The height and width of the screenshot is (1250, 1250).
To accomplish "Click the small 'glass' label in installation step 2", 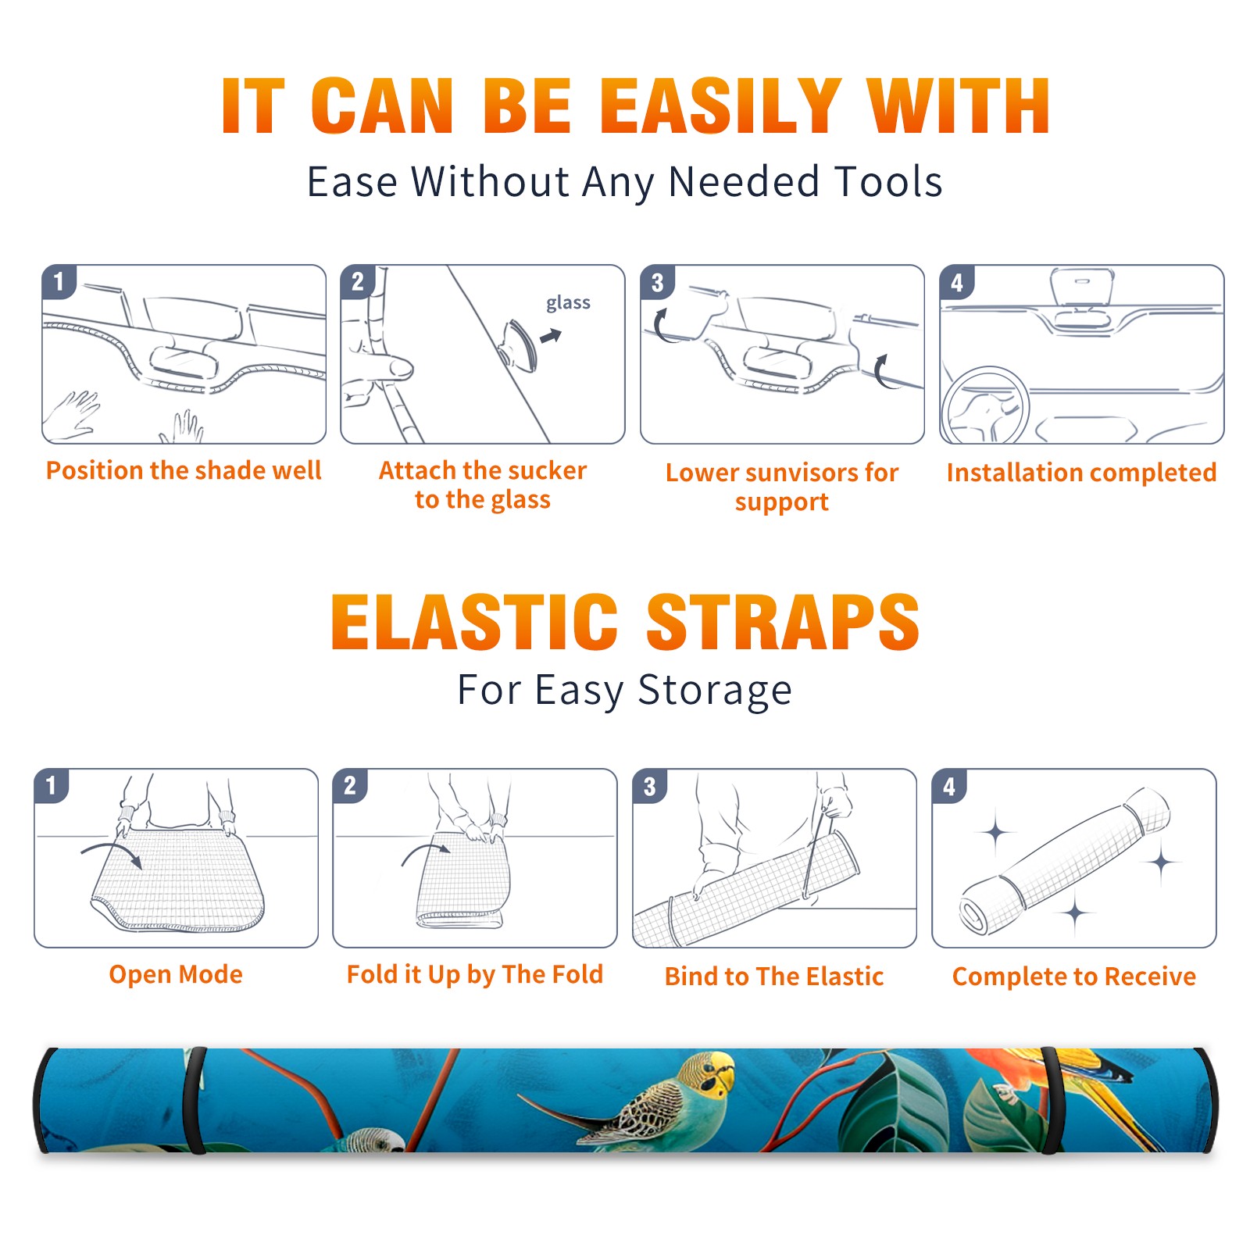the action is (568, 302).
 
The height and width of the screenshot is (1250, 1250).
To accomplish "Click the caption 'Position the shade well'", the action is (184, 470).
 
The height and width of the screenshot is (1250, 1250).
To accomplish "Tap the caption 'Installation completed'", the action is (1081, 472).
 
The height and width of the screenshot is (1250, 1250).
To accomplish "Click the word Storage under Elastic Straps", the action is (715, 690).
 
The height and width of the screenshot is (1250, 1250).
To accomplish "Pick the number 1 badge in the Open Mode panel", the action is (52, 785).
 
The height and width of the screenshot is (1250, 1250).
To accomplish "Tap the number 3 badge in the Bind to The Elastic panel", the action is (650, 786).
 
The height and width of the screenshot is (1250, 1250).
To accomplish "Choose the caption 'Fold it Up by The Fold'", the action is (475, 974).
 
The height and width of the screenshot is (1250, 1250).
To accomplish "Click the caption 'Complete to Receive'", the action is (1074, 977).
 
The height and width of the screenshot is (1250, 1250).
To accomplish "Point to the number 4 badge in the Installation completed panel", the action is (957, 282).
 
